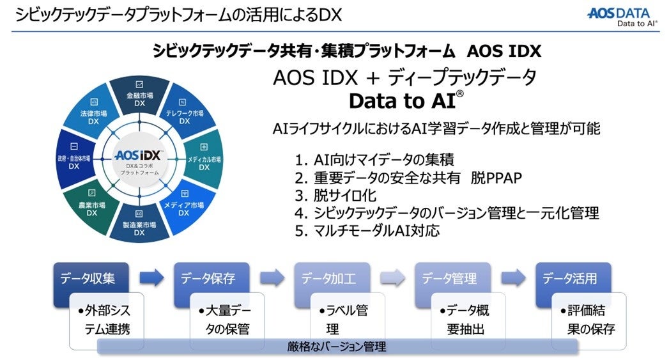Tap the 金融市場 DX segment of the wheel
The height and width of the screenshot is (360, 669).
point(140,97)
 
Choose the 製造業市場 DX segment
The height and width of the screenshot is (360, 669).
point(139,225)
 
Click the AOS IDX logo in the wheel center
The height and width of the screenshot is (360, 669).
point(139,157)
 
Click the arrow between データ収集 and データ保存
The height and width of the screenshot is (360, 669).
point(151,278)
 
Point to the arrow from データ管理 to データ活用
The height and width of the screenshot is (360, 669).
point(513,278)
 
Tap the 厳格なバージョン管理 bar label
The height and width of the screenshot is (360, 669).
point(337,347)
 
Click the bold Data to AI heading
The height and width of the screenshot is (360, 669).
point(406,102)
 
